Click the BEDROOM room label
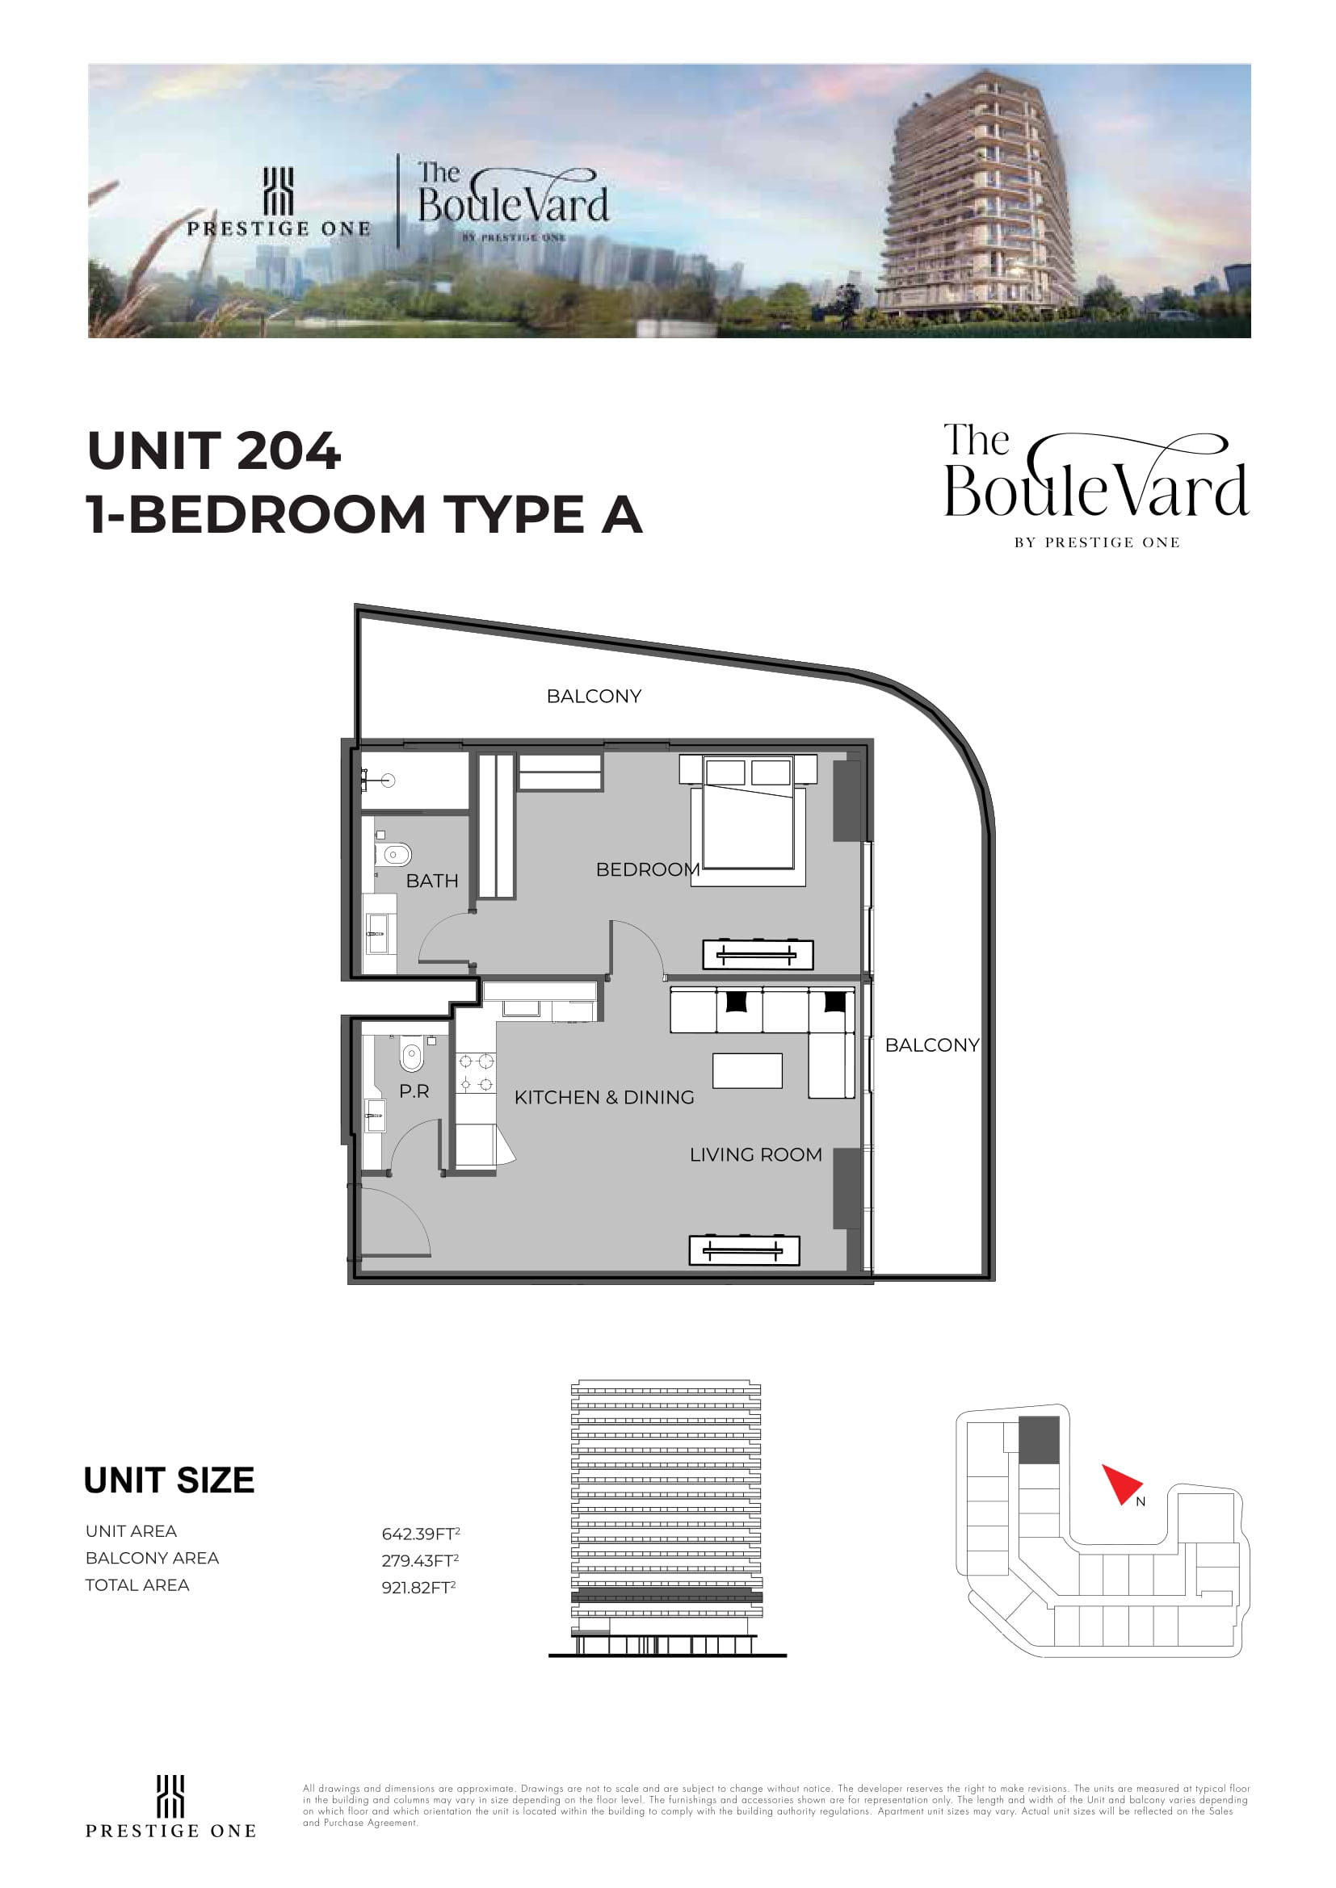648,869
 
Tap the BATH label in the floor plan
432,881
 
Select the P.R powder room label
414,1091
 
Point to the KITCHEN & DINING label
604,1097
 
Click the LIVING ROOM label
755,1154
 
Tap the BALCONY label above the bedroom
594,696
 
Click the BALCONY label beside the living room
932,1045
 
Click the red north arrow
1121,1484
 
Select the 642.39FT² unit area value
420,1534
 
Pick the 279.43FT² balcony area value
419,1561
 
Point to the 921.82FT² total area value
418,1588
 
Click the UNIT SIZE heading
170,1480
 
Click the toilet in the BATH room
393,855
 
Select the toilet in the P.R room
411,1055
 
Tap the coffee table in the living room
747,1070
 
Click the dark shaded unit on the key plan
1039,1440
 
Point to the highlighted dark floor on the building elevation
666,1596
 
